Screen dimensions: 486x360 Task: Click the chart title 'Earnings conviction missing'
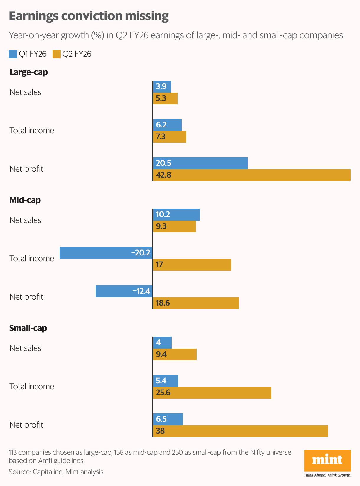[89, 16]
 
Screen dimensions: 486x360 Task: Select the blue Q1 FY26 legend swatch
[13, 54]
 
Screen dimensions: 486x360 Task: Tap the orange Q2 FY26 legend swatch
[57, 54]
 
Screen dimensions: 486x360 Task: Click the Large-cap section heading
[29, 72]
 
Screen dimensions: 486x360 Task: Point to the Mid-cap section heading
[25, 200]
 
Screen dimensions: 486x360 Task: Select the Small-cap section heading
[28, 328]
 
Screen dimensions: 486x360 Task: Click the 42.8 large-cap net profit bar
[252, 175]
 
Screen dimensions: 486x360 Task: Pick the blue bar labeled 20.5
[201, 163]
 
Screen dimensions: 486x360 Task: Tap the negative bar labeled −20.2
[106, 253]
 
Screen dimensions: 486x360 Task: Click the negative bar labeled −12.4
[124, 291]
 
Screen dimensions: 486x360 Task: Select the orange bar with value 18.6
[196, 303]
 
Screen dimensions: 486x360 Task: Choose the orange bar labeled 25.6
[212, 393]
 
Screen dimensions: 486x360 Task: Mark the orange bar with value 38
[240, 431]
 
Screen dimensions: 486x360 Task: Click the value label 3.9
[161, 86]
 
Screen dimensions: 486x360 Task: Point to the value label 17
[159, 265]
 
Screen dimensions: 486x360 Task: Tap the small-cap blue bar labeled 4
[163, 343]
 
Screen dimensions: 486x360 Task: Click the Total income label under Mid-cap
[32, 259]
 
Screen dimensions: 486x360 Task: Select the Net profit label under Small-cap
[26, 425]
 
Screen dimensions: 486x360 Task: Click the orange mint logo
[327, 461]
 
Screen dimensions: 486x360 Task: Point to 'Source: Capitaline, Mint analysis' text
[56, 472]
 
